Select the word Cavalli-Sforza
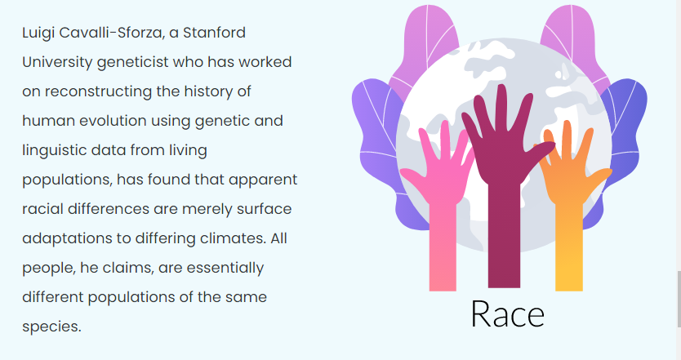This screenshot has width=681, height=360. click(x=112, y=33)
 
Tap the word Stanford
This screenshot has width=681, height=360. click(x=214, y=33)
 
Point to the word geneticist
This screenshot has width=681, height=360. click(x=132, y=62)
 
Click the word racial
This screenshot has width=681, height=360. click(x=42, y=209)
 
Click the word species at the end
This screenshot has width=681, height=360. click(x=51, y=327)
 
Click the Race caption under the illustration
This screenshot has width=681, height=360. click(x=507, y=313)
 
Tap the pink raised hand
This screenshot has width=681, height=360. click(x=439, y=191)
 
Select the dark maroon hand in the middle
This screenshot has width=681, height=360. click(x=504, y=174)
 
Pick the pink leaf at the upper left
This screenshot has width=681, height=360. click(x=424, y=48)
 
